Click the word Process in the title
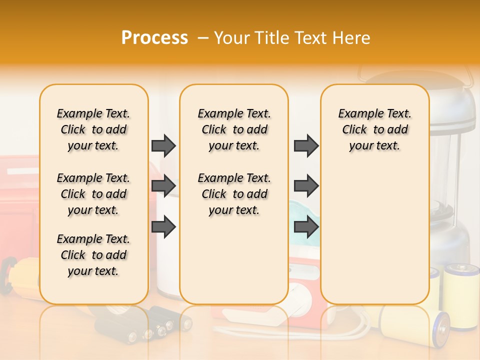coord(154,37)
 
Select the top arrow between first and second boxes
coord(163,145)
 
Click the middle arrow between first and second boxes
coord(163,186)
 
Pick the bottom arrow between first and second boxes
coord(163,227)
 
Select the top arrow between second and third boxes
coord(306,145)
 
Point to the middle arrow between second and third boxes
coord(306,186)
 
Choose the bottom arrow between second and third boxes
coord(306,227)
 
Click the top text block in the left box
coord(93,129)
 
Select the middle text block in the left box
coord(93,194)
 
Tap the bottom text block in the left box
coord(93,255)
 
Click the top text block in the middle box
coord(234,129)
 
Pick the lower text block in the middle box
coord(234,194)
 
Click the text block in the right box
coord(374,129)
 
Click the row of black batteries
coord(150,325)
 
